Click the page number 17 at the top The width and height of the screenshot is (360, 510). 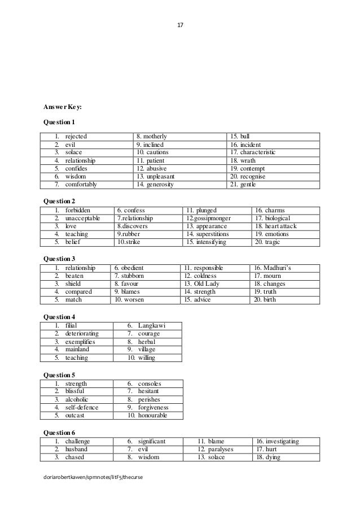point(180,25)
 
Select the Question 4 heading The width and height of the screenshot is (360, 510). point(59,316)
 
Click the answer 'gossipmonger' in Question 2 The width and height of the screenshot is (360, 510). point(211,218)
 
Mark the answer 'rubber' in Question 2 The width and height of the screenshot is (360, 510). point(130,234)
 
